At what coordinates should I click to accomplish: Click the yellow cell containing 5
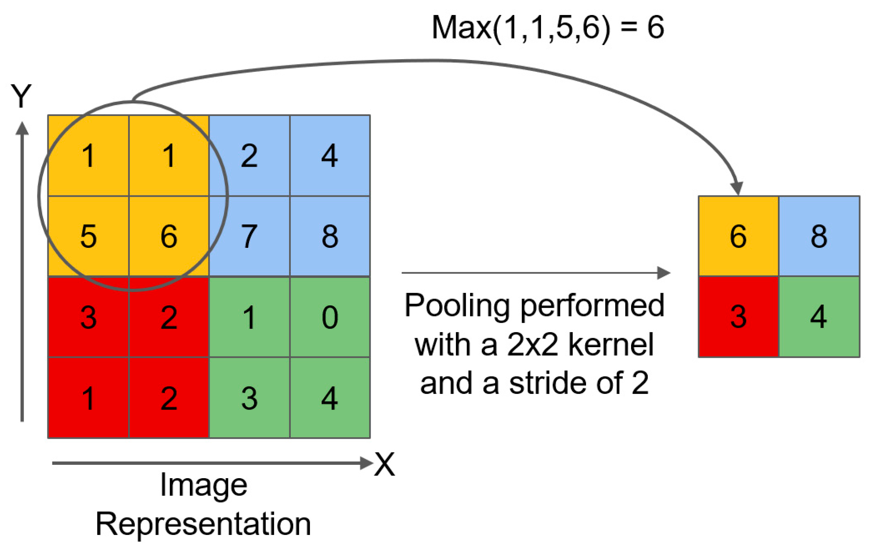pos(88,236)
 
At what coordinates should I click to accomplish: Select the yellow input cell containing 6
pos(169,236)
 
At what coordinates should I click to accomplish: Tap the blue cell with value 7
pos(249,236)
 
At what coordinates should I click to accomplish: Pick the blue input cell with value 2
pos(249,156)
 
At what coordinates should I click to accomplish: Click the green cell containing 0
pos(330,317)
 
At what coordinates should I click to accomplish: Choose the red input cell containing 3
pos(88,317)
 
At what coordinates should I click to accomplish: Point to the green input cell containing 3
pos(249,397)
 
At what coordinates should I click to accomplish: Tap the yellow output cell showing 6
pos(738,236)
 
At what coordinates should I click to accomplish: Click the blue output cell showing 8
pos(819,236)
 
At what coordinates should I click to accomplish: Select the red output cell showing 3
pos(738,317)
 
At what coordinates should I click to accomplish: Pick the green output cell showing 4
pos(819,317)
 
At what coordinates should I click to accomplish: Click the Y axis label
pos(21,96)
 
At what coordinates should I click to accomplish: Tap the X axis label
pos(384,464)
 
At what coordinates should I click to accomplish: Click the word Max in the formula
pos(461,28)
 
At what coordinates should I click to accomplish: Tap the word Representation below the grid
pos(203,524)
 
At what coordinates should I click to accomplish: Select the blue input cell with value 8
pos(330,236)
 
